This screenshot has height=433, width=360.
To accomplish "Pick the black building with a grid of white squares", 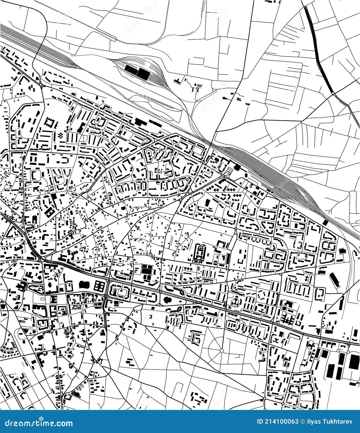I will click(x=100, y=285).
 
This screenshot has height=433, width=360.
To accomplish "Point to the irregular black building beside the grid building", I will click(x=85, y=284).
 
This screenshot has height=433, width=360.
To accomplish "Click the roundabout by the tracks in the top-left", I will click(x=41, y=84).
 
